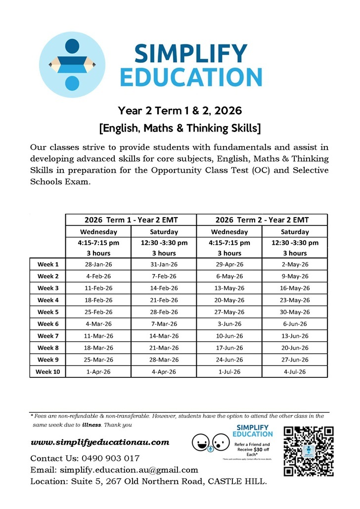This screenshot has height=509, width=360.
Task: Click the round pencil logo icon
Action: point(72,64)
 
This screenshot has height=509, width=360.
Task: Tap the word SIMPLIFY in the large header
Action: point(190,53)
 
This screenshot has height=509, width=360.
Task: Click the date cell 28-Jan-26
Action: point(98,265)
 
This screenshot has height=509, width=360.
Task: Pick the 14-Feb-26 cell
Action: point(164,288)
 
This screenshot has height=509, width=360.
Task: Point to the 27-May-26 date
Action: point(229,312)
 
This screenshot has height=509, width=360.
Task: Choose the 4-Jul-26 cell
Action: point(295,371)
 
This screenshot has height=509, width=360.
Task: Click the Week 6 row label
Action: point(48,324)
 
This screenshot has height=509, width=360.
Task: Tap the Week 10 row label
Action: point(48,371)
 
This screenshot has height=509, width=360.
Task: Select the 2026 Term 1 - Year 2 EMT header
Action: point(131,220)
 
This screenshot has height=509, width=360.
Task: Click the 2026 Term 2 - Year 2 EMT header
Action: point(262,220)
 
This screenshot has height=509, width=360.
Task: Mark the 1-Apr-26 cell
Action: point(98,371)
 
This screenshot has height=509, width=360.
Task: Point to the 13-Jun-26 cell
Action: point(295,336)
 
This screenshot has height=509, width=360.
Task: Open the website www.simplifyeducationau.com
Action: point(100,442)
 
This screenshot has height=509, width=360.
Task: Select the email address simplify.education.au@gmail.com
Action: point(129,470)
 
